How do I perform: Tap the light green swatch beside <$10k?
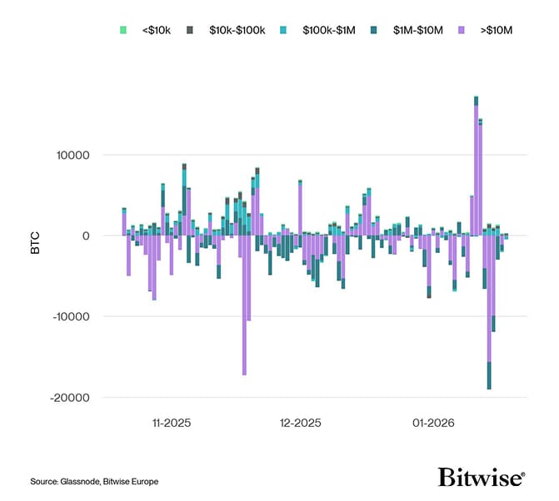click(123, 30)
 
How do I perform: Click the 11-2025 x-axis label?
click(172, 423)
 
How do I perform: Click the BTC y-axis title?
click(35, 236)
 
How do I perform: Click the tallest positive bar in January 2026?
click(476, 166)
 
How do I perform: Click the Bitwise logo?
click(481, 477)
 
